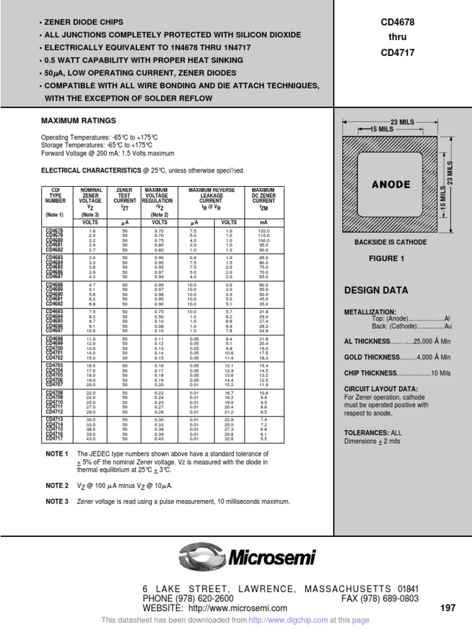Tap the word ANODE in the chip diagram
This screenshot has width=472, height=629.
(391, 184)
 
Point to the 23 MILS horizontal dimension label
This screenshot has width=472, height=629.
(403, 122)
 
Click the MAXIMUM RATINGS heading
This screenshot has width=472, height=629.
(78, 120)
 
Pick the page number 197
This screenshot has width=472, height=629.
(447, 608)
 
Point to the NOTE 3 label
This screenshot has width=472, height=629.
(57, 502)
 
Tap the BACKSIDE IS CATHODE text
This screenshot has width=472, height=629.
(390, 243)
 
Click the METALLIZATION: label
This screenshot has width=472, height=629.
(370, 312)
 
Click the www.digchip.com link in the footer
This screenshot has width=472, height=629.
(305, 620)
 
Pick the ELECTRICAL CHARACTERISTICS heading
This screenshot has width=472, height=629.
(81, 170)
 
